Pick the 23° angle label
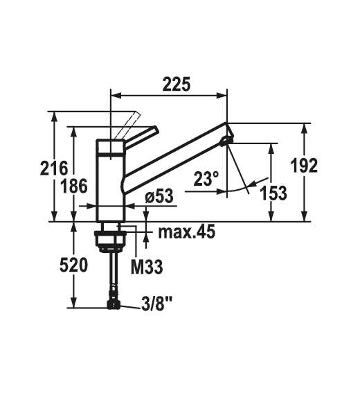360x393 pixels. point(206,180)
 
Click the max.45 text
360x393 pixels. point(186,231)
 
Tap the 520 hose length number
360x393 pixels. point(74,265)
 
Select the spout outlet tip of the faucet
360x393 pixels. point(225,141)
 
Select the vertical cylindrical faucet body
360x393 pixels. point(110,180)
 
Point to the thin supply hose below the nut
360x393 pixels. point(111,274)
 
